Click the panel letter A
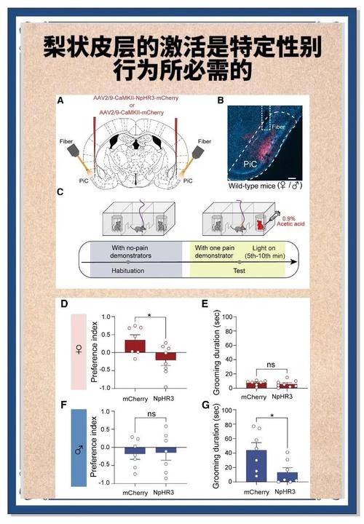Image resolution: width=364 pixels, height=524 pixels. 60,100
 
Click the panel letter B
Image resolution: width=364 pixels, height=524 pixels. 221,100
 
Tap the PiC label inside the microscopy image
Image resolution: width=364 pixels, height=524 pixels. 250,164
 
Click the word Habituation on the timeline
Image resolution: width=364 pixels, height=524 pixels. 128,271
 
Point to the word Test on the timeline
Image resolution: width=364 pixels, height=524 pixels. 239,271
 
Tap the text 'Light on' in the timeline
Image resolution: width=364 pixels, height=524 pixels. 264,248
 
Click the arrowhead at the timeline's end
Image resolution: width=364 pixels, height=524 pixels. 293,262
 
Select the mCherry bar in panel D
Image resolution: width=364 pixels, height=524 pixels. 135,346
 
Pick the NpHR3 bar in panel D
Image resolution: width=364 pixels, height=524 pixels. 165,356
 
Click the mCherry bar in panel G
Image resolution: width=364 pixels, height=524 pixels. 256,466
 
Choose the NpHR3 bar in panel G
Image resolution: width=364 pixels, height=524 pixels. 287,477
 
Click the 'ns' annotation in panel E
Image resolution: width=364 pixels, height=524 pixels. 271,365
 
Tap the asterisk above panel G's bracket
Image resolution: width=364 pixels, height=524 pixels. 272,416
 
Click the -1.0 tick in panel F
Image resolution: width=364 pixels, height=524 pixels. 106,483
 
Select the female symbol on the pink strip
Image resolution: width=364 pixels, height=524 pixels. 79,350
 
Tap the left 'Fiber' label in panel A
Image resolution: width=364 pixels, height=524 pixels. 66,141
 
